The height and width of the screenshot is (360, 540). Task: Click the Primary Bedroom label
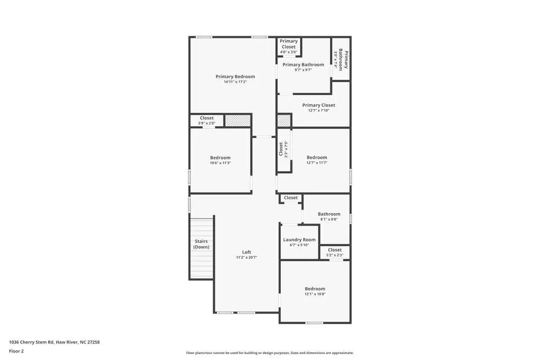(x=235, y=77)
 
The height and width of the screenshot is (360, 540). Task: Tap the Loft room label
(x=246, y=252)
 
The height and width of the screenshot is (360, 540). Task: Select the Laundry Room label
(x=299, y=240)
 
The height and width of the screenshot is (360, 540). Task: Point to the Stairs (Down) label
(x=201, y=244)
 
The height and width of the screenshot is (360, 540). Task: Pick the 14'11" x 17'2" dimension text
(x=235, y=82)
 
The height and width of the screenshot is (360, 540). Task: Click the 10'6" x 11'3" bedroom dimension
(x=220, y=163)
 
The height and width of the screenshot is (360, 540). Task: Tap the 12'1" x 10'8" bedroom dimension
(x=315, y=294)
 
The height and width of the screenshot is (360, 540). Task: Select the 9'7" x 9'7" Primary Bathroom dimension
(x=303, y=70)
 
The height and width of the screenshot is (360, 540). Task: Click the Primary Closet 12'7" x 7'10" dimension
(x=319, y=111)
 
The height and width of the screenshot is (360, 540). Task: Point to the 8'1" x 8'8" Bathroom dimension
(x=329, y=219)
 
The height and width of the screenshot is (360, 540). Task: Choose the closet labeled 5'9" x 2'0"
(x=207, y=120)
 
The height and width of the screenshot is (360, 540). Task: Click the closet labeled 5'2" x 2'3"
(x=335, y=252)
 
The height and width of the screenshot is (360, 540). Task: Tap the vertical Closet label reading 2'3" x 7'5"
(x=283, y=149)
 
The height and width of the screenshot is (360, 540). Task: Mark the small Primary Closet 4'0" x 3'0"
(x=288, y=46)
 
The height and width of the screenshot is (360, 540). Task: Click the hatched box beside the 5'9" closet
(x=238, y=120)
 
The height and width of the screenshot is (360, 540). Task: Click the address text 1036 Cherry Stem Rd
(x=54, y=342)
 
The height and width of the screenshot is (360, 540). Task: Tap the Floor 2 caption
(x=16, y=351)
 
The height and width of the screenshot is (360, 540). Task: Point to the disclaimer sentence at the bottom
(x=270, y=353)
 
